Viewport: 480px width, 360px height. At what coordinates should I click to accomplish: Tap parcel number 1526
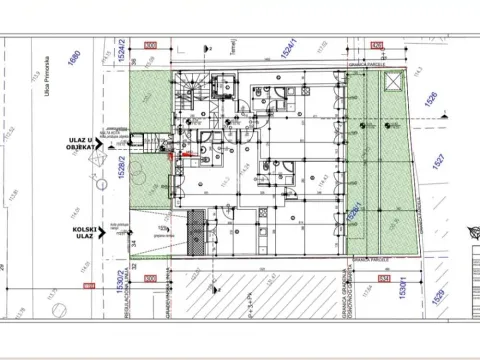432,99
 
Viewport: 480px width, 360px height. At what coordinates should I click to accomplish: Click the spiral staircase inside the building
190,96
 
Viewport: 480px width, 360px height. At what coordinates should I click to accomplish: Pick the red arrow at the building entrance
173,152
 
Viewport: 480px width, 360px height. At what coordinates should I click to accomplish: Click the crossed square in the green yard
393,80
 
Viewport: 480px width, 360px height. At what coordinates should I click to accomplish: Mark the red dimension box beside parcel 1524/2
151,46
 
